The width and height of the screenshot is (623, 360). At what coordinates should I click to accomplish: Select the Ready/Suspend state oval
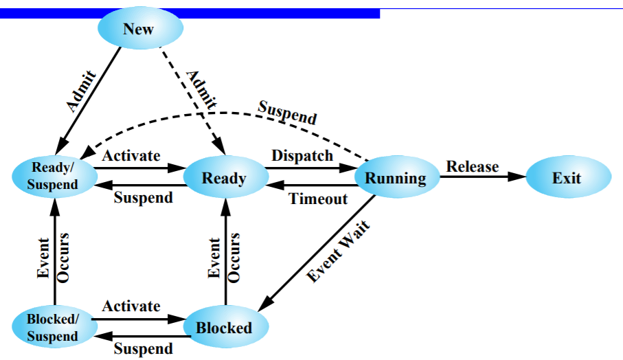coord(54,177)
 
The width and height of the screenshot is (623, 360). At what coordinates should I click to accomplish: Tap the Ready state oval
coord(224,179)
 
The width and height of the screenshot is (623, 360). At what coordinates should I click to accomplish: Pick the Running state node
coord(396,179)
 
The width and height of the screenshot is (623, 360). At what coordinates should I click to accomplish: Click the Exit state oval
coord(567,178)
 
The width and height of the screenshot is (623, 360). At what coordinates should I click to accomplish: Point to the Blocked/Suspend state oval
coord(54,328)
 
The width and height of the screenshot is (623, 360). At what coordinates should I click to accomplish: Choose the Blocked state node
coord(224,328)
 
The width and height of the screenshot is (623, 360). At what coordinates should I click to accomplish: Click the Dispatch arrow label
coord(302,155)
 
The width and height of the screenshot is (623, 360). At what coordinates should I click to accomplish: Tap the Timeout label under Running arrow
coord(318,199)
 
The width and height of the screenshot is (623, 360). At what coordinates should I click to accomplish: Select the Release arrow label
coord(473,166)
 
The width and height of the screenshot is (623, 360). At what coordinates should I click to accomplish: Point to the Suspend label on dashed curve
coord(287,112)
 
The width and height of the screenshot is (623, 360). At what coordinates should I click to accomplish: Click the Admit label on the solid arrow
coord(82,90)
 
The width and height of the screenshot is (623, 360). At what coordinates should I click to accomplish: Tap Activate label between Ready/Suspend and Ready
coord(131,155)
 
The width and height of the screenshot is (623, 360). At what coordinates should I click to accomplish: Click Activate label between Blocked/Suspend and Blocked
coord(131,306)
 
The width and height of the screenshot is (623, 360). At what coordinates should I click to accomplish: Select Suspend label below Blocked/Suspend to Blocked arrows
coord(143,348)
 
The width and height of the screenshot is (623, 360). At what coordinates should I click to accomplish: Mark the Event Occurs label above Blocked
coord(224,258)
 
